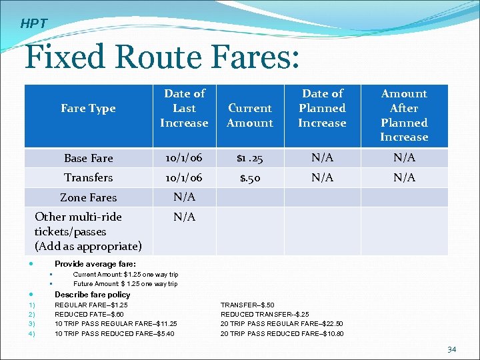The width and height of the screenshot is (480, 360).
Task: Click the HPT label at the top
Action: (33, 24)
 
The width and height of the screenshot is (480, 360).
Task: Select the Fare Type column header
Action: (88, 108)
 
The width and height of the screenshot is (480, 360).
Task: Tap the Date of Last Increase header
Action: (184, 108)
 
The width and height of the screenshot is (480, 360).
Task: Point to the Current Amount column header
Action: (250, 115)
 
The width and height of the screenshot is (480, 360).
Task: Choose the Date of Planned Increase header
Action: (322, 108)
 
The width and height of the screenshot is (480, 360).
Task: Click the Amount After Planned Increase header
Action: (404, 115)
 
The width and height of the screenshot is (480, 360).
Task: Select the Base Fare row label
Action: (88, 158)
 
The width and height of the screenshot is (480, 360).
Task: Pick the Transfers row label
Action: (88, 177)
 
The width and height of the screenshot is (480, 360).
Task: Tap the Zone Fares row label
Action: (88, 197)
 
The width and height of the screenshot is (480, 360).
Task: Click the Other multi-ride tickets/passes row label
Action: (88, 231)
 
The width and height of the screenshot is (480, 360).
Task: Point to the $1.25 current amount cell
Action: (250, 158)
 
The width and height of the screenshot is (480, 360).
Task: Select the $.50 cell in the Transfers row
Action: (250, 177)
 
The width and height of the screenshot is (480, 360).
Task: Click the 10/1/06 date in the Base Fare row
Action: (184, 158)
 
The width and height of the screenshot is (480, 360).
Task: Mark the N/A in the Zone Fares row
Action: (184, 197)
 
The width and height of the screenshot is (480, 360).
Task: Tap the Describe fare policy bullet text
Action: (92, 295)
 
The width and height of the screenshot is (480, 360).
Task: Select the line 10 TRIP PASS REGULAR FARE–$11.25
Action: (115, 323)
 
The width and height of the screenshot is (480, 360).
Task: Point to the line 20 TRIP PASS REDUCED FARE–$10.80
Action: (282, 333)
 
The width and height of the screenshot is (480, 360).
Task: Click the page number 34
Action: (451, 349)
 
